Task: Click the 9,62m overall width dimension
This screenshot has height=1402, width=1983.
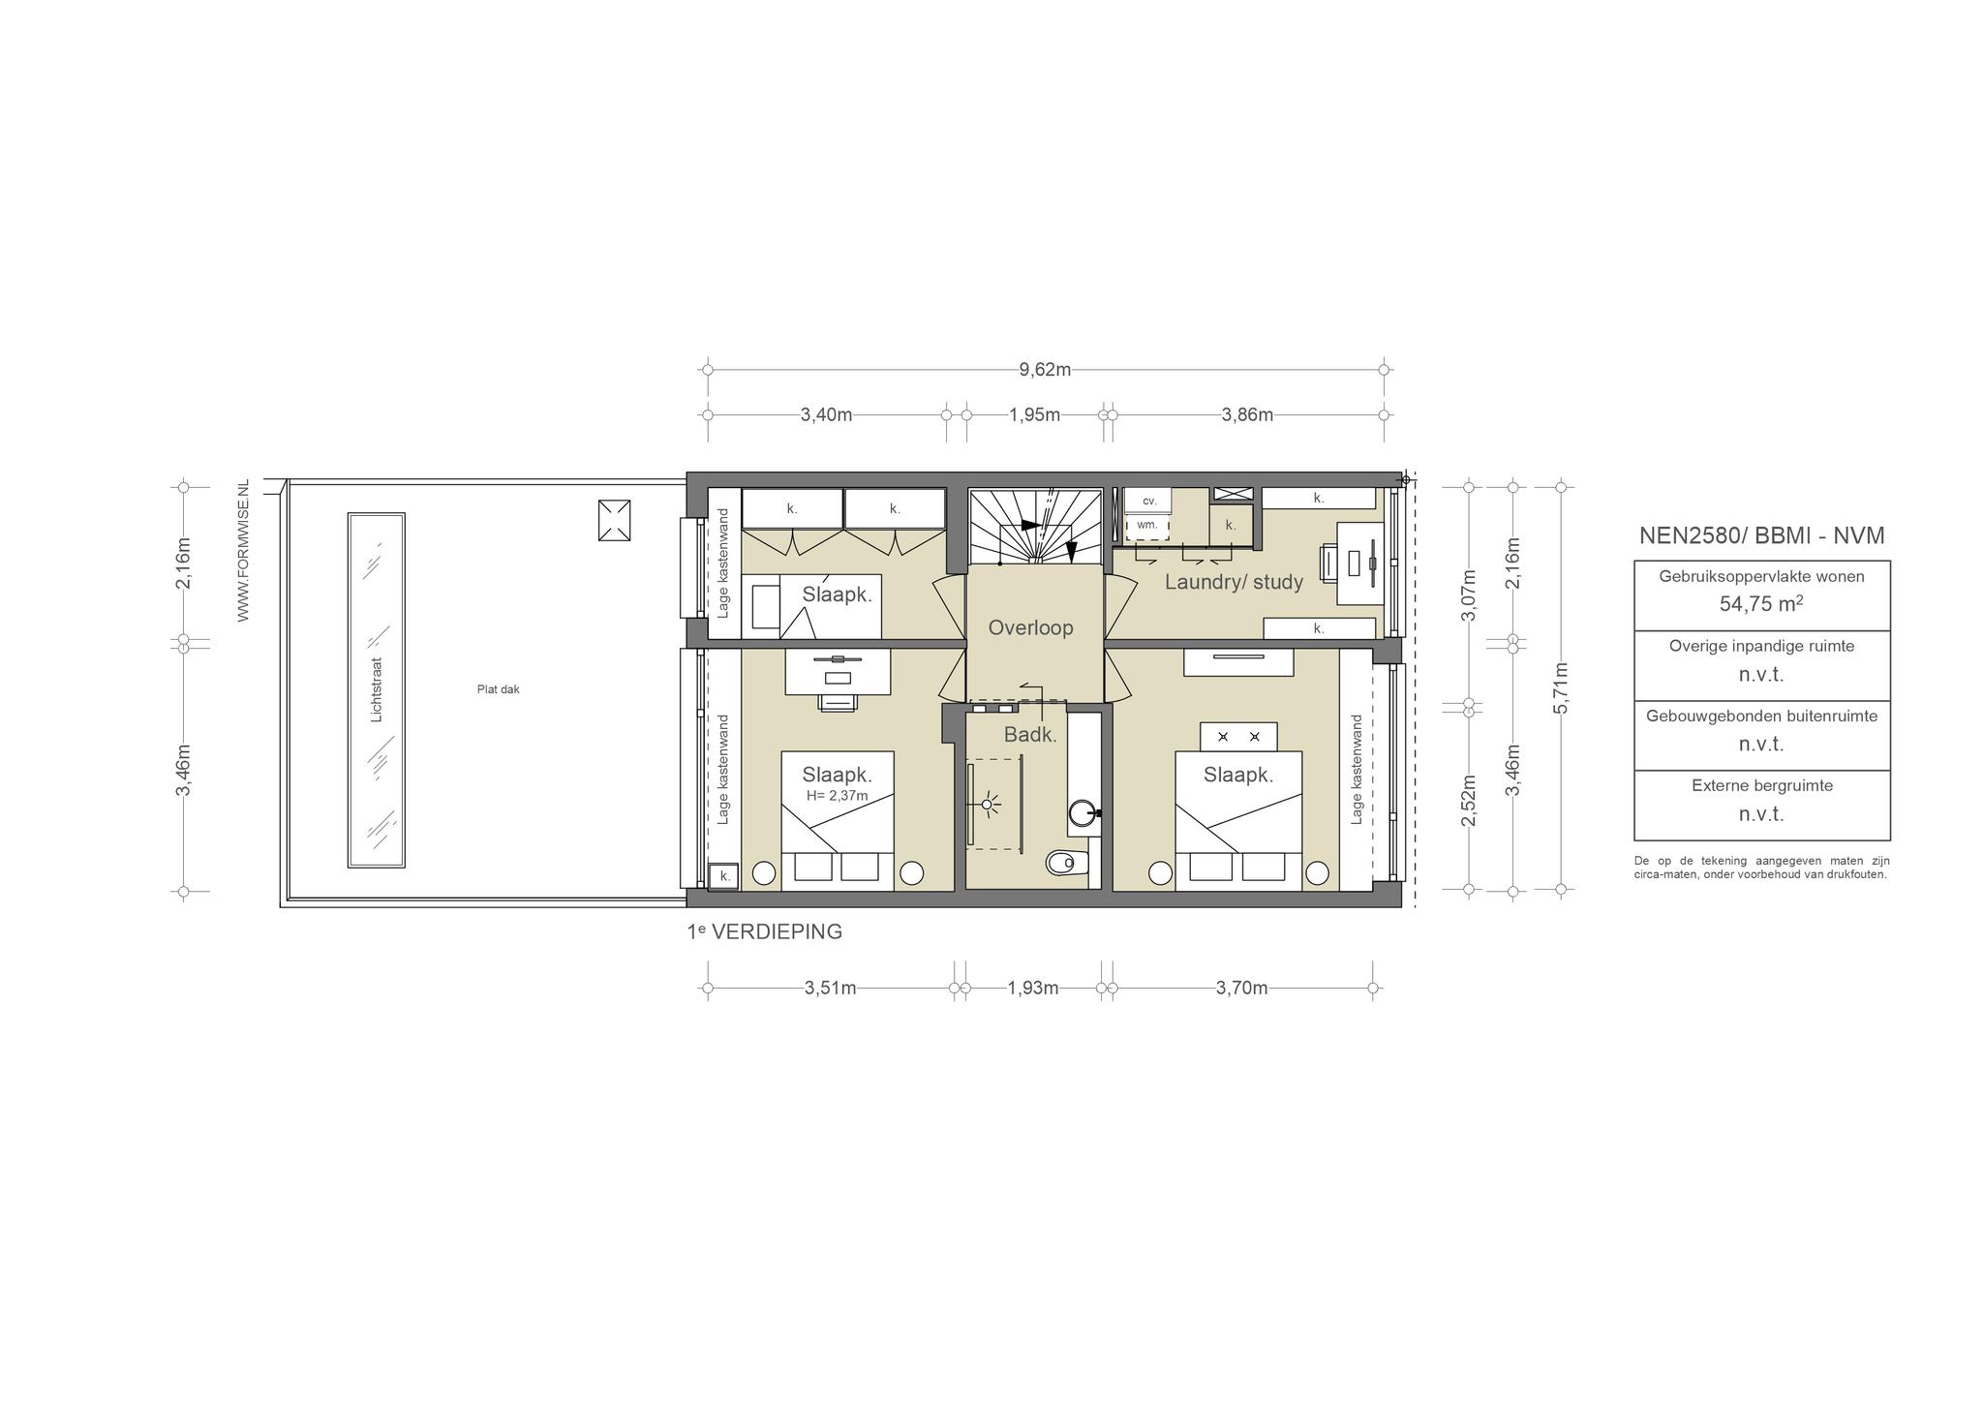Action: click(x=1045, y=369)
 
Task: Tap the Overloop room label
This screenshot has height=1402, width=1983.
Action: click(x=1030, y=627)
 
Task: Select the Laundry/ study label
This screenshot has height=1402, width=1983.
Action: click(x=1234, y=582)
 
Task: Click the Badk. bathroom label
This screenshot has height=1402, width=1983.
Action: click(x=1030, y=735)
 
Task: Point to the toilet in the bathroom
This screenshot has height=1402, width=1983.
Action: click(x=1068, y=861)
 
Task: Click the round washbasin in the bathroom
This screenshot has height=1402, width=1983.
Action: click(x=1083, y=813)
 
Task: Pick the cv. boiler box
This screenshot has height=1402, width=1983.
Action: click(x=1148, y=501)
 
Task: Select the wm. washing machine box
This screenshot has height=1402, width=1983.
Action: click(x=1147, y=525)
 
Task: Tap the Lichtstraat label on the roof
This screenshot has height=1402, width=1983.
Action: click(x=377, y=690)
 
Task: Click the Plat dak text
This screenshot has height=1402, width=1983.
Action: click(x=498, y=689)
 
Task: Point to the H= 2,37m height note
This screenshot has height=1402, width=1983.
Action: click(x=837, y=796)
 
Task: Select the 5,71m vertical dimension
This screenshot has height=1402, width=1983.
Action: click(x=1560, y=687)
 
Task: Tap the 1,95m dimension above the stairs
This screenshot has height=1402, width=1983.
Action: click(x=1034, y=414)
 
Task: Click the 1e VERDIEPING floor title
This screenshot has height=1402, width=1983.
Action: click(x=764, y=931)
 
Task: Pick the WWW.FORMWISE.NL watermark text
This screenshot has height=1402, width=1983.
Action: click(x=243, y=550)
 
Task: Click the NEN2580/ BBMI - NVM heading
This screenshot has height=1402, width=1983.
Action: click(x=1761, y=535)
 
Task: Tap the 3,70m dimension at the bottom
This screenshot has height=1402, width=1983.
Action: click(x=1241, y=988)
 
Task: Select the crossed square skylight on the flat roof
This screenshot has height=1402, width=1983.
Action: click(x=614, y=521)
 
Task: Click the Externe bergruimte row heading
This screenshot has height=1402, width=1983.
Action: click(x=1762, y=785)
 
